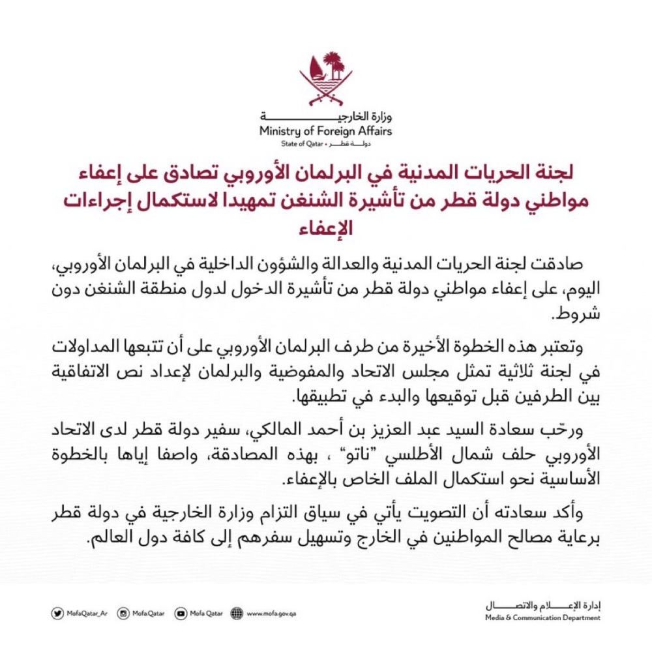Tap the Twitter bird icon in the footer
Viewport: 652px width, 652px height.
(x=58, y=613)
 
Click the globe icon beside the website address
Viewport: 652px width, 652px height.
(x=236, y=613)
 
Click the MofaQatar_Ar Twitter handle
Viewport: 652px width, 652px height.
(x=87, y=614)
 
